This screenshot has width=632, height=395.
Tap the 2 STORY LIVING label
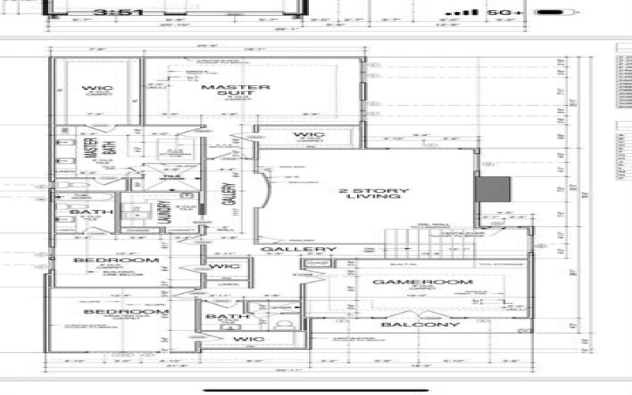(374, 195)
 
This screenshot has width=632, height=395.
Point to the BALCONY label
(419, 325)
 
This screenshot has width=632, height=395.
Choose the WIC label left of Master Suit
(97, 88)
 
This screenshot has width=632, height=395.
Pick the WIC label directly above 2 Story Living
(308, 135)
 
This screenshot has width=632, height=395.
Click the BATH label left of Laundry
(85, 212)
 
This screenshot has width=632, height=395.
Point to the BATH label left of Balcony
(216, 317)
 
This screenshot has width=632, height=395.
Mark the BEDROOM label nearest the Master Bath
(116, 260)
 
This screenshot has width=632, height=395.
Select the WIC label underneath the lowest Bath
(249, 339)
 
